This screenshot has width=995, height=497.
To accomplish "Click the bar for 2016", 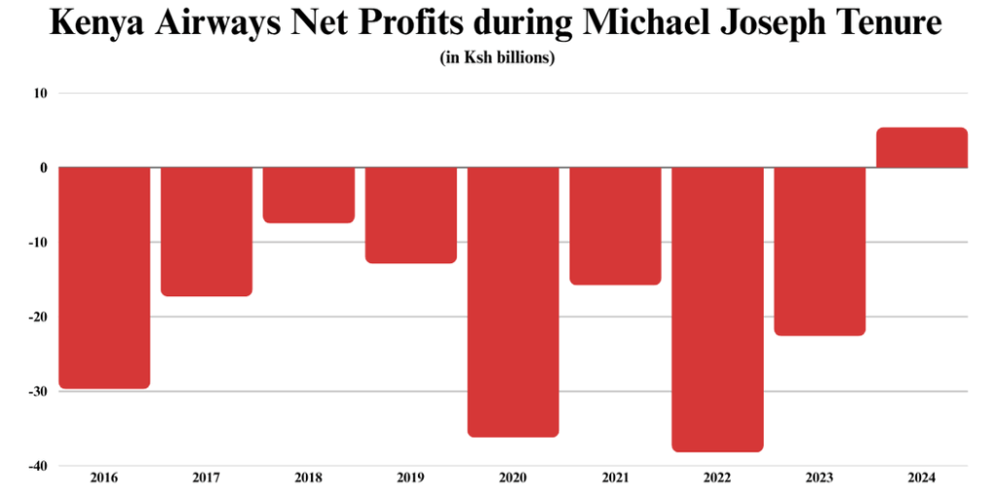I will point(105,278).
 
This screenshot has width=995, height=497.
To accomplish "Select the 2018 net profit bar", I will point(309,195).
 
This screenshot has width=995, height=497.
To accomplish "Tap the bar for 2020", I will point(513,302).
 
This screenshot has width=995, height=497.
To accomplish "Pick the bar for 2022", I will point(718,309).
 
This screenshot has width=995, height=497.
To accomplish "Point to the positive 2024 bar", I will point(921,149).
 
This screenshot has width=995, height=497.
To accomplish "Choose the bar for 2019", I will point(411,215).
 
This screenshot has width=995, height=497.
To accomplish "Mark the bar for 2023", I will point(819,251).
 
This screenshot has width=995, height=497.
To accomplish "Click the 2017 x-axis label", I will point(206,479).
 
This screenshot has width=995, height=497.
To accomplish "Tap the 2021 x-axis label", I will point(615,479).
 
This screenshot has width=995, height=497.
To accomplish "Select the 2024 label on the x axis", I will point(921,479).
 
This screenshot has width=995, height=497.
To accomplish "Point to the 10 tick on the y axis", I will point(43,93).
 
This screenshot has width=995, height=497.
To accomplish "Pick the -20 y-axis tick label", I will point(40,317).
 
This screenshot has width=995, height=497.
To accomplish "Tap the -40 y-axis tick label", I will point(40,466).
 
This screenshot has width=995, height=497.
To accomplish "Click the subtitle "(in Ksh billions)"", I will point(497,58).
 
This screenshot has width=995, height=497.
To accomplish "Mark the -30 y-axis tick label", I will point(40,391).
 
